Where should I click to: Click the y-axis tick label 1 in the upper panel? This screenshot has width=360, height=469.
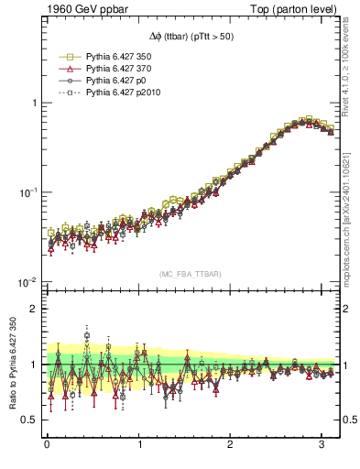pos(34,103)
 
